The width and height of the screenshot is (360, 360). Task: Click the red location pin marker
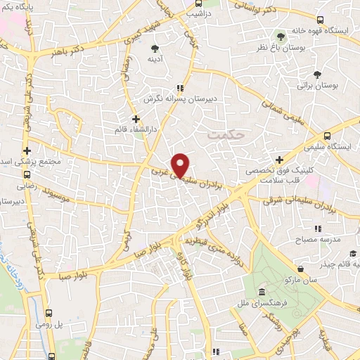(181, 165)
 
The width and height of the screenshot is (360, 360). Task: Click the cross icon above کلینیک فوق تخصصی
(280, 160)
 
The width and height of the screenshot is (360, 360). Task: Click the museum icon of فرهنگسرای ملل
(262, 292)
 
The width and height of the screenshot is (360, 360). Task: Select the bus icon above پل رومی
(49, 314)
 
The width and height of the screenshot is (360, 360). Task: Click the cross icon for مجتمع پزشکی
(27, 151)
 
